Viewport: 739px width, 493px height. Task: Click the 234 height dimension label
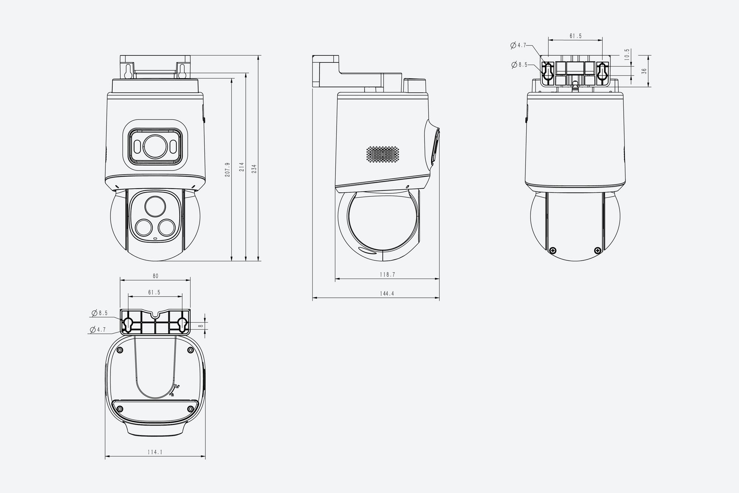pyautogui.click(x=254, y=169)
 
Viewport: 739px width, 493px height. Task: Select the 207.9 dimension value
pyautogui.click(x=227, y=170)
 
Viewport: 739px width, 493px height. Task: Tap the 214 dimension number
pyautogui.click(x=242, y=167)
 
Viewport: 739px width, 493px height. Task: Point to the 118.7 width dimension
pyautogui.click(x=387, y=275)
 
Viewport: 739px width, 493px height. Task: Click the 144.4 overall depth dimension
pyautogui.click(x=387, y=294)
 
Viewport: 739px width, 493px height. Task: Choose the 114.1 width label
pyautogui.click(x=155, y=452)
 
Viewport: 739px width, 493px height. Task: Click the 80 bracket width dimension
pyautogui.click(x=155, y=276)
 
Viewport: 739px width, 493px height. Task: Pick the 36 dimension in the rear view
pyautogui.click(x=644, y=71)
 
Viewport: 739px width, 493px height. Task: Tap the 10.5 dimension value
pyautogui.click(x=627, y=55)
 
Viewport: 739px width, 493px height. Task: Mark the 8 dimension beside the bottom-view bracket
pyautogui.click(x=201, y=326)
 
